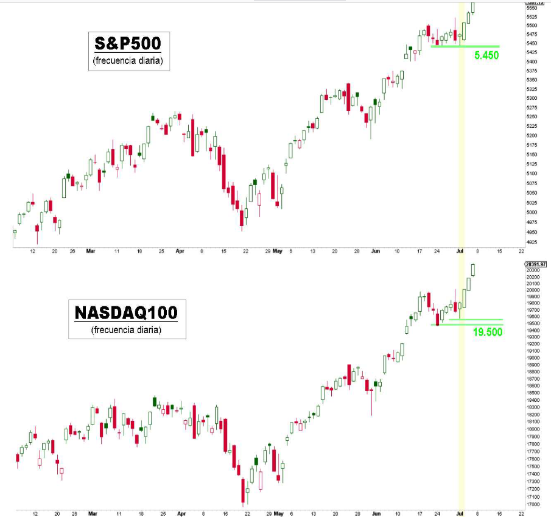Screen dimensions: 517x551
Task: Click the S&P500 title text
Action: pos(127,44)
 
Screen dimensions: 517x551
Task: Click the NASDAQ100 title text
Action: pos(126,312)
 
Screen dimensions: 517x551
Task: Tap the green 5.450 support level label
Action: pos(486,55)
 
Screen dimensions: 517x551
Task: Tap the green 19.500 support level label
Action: pos(487,332)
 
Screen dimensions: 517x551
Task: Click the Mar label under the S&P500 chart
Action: pos(91,250)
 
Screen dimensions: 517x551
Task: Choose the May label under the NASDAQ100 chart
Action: pos(278,513)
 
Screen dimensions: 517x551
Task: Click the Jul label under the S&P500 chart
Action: pos(460,250)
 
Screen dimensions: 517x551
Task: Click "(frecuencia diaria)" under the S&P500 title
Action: pos(127,61)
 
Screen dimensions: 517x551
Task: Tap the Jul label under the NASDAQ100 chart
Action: pos(460,513)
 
